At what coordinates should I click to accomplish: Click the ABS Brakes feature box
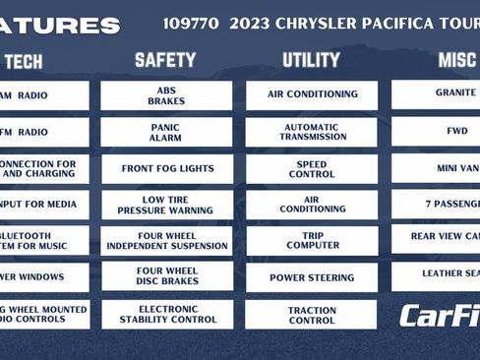tap(166, 94)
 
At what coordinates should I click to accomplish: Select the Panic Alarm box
tap(166, 132)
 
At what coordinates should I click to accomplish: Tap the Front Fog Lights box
tap(166, 168)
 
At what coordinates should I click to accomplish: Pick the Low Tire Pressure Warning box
tap(166, 205)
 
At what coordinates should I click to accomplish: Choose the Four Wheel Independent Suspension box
tap(166, 241)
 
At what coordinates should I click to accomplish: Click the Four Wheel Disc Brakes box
tap(166, 276)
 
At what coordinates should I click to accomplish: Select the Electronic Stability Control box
tap(166, 314)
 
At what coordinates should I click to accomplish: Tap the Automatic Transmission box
tap(311, 132)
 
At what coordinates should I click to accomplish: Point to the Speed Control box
tap(311, 168)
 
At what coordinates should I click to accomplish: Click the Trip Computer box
tap(311, 241)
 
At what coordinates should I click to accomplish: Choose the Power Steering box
tap(311, 277)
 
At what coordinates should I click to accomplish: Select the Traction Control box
tap(311, 314)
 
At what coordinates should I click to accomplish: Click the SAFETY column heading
tap(165, 61)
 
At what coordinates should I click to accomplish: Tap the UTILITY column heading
tap(311, 61)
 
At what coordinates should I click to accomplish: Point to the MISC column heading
tap(457, 61)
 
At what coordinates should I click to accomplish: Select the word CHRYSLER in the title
tap(324, 23)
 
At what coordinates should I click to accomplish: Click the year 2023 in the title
tap(251, 23)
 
